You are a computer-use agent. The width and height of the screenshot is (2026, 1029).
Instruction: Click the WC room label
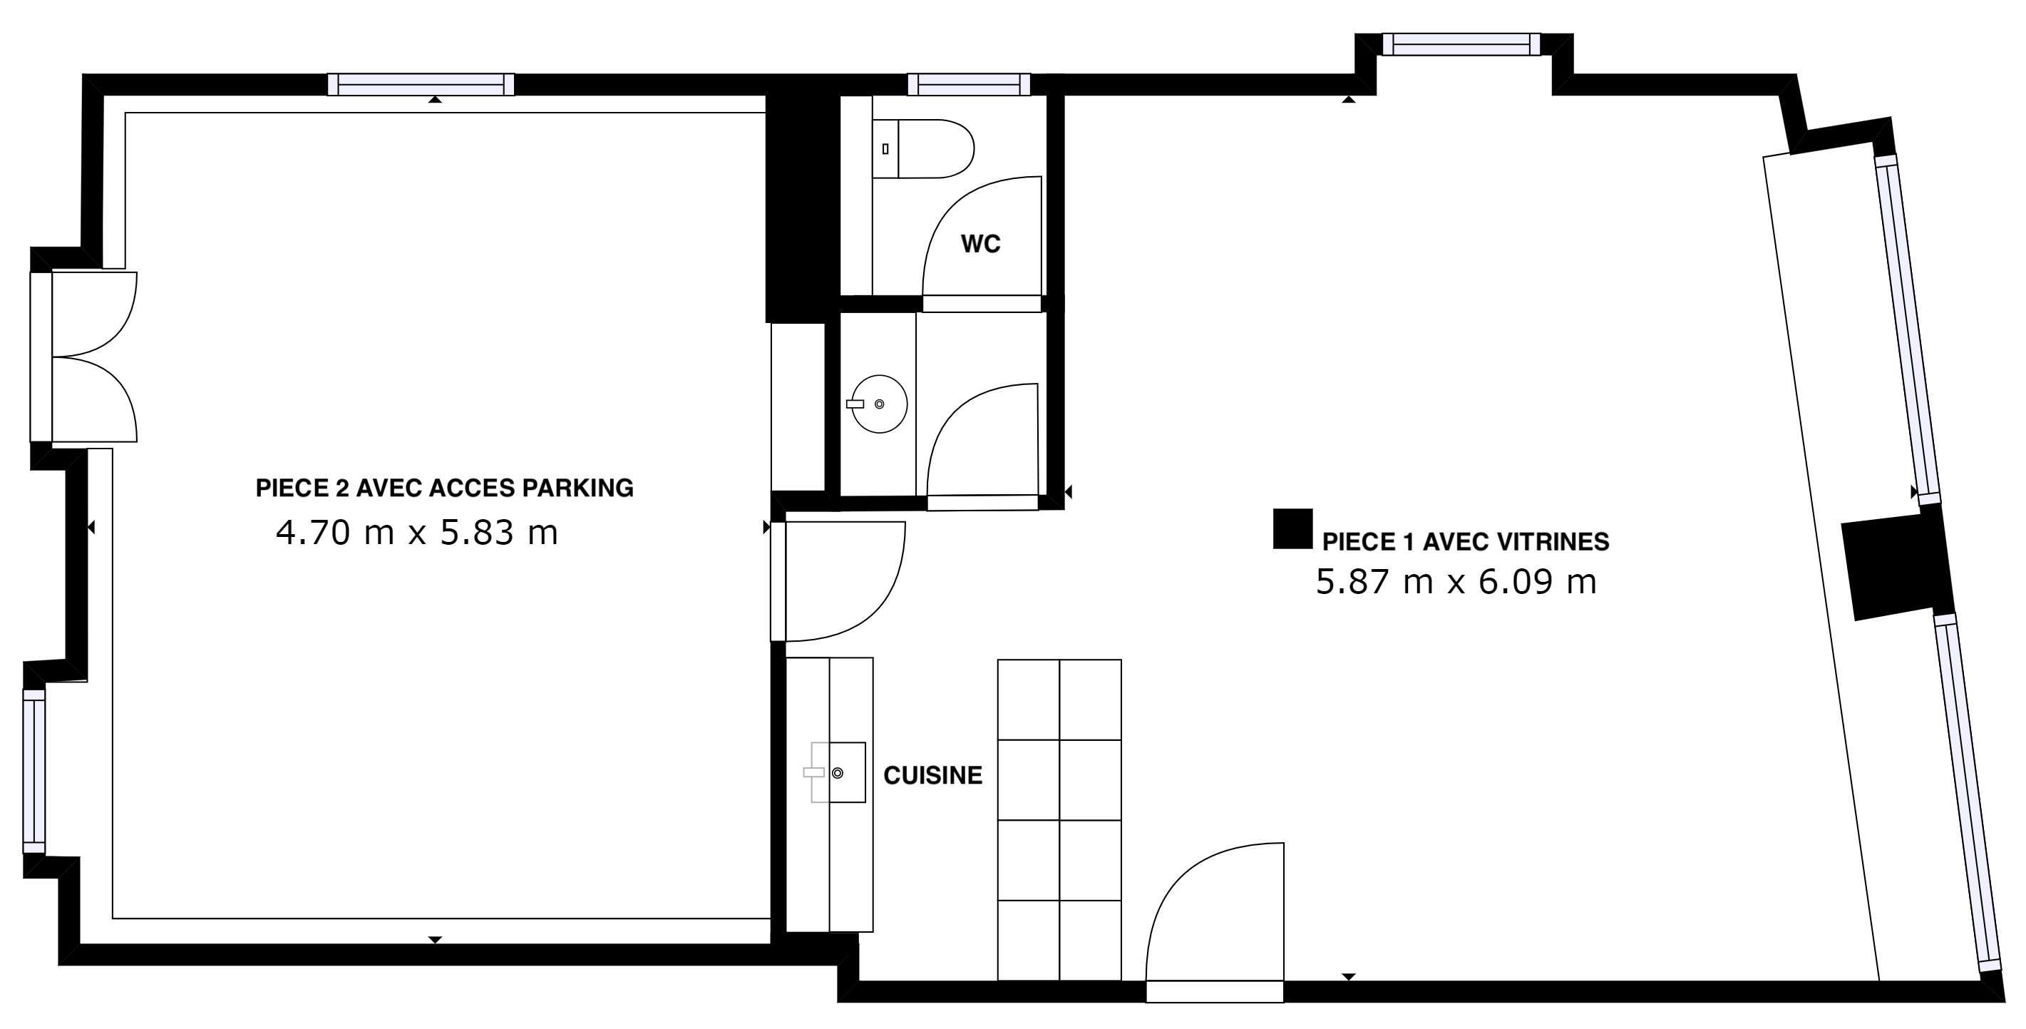(x=980, y=244)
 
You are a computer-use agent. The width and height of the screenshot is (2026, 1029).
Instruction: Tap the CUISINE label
(x=932, y=776)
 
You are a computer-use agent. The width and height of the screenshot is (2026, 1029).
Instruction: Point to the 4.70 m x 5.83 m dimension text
(x=417, y=533)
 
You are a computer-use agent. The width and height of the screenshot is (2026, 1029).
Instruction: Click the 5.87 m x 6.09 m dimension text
(x=1456, y=582)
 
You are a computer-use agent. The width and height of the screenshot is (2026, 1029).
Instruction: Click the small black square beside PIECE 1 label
(x=1293, y=528)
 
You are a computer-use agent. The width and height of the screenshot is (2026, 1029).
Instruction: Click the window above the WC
(x=969, y=84)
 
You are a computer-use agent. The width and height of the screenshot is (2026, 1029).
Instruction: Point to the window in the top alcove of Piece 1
(x=1461, y=44)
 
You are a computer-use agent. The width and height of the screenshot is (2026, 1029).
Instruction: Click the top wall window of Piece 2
(x=421, y=84)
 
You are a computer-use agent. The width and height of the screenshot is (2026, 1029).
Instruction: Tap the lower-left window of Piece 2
(x=34, y=771)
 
